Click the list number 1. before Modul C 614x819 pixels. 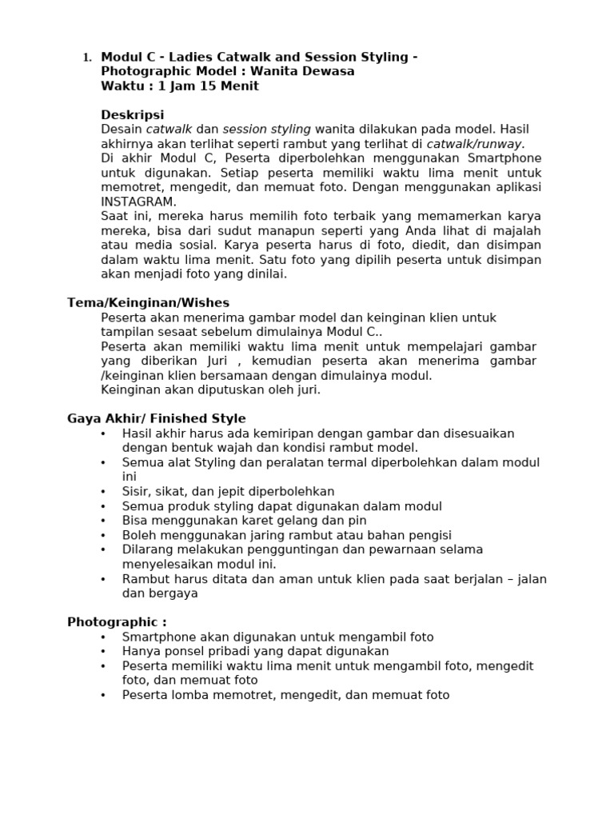(x=87, y=58)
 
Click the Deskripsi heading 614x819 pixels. (x=133, y=115)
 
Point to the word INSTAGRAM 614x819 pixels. (x=138, y=202)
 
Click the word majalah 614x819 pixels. (x=516, y=230)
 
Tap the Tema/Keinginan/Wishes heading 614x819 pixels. (x=148, y=303)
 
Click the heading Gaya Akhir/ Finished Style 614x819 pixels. (x=157, y=419)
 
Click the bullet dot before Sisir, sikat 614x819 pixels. (x=103, y=492)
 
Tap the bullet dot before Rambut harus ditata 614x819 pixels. (x=103, y=579)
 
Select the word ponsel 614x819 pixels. (x=177, y=651)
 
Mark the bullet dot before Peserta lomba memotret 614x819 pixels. (x=103, y=695)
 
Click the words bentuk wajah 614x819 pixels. (x=223, y=448)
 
